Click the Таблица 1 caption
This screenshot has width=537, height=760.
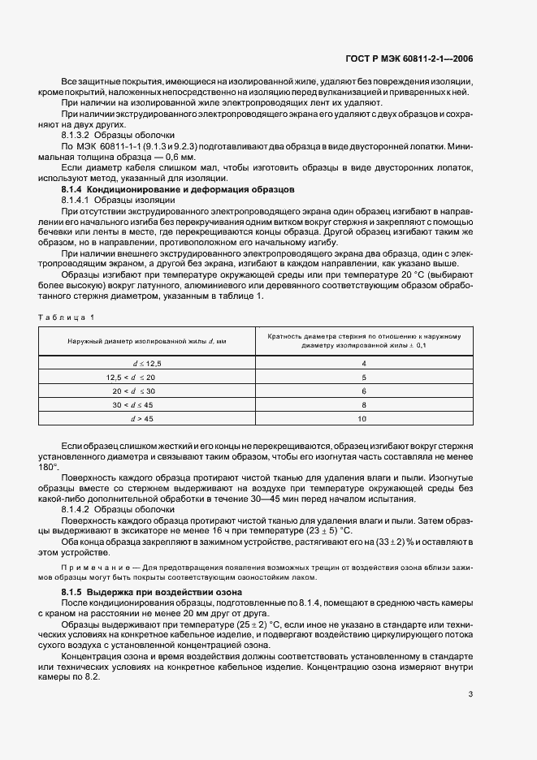(67, 316)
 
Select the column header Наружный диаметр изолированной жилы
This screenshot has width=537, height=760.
(147, 341)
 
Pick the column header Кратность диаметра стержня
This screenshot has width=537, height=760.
(362, 341)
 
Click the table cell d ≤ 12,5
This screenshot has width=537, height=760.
(147, 363)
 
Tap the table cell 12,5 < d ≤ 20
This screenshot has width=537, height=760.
(130, 378)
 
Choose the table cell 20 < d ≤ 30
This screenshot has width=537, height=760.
(133, 391)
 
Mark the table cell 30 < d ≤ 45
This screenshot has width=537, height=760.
(133, 404)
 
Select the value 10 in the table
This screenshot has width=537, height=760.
(362, 419)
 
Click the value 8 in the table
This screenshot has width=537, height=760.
(362, 404)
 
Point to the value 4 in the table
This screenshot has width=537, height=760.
(362, 363)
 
